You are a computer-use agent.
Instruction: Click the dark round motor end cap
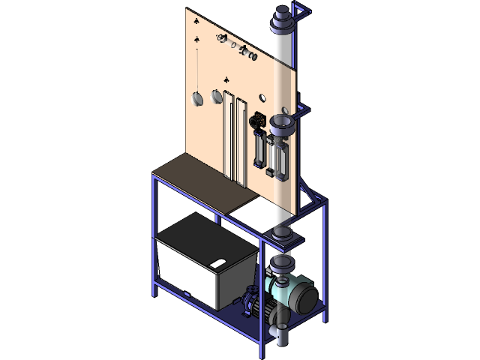click(307, 298)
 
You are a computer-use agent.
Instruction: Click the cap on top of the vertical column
click(283, 13)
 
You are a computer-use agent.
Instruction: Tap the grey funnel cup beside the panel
click(284, 123)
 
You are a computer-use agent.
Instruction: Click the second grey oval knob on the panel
click(217, 96)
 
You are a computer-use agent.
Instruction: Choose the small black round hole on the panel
click(262, 97)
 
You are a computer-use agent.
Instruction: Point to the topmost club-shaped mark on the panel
click(196, 18)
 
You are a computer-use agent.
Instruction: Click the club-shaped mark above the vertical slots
click(227, 78)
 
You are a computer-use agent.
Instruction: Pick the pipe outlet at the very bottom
click(280, 339)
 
